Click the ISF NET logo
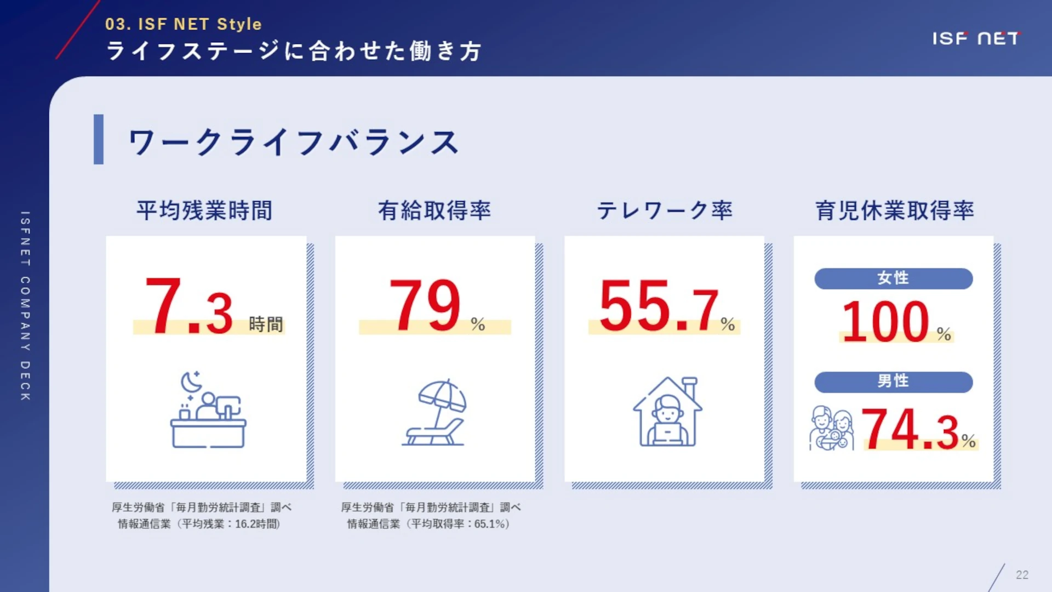point(976,38)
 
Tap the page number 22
point(1022,575)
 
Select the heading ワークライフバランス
point(294,143)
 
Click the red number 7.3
point(190,306)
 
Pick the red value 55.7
point(659,306)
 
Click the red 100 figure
point(885,322)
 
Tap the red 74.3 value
point(910,429)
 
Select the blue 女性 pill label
point(894,278)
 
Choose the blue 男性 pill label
point(894,382)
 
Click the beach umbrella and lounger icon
point(435,412)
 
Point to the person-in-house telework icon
point(667,412)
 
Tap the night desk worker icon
point(208,409)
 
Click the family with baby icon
point(831,428)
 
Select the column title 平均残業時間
point(204,210)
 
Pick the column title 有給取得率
point(434,210)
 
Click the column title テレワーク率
point(665,210)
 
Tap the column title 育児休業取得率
point(895,210)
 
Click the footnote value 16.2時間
point(257,524)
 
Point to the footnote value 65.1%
point(489,524)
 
